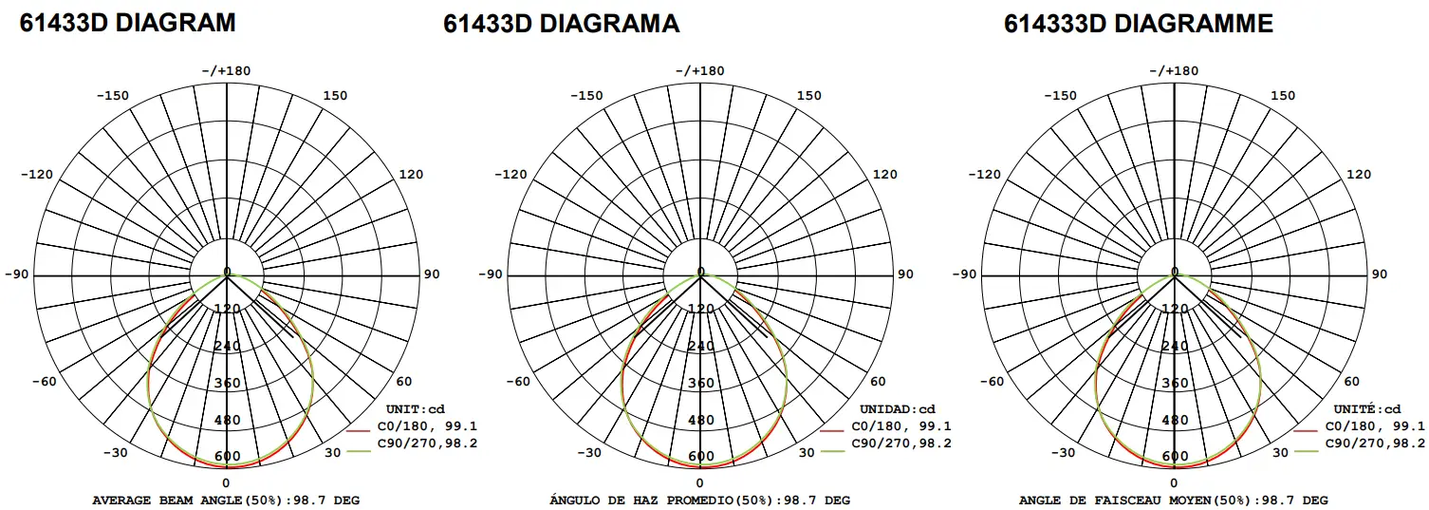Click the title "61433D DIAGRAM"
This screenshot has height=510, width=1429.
pyautogui.click(x=128, y=23)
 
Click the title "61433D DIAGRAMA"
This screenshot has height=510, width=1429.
pyautogui.click(x=562, y=24)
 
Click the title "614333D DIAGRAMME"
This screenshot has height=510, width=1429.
pyautogui.click(x=1139, y=24)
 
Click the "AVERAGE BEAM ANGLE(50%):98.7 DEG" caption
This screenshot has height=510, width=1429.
pyautogui.click(x=226, y=500)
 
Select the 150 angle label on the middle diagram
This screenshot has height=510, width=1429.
pyautogui.click(x=809, y=95)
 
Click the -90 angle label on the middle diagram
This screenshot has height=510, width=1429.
pyautogui.click(x=492, y=274)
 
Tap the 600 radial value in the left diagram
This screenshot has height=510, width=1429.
pyautogui.click(x=227, y=457)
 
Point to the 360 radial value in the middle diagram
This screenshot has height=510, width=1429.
pyautogui.click(x=701, y=383)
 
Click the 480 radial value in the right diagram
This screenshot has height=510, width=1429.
pyautogui.click(x=1175, y=420)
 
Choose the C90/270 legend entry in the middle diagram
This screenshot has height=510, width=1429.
pyautogui.click(x=899, y=444)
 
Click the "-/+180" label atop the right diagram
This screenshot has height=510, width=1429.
pyautogui.click(x=1175, y=70)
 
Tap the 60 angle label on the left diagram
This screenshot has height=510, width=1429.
pyautogui.click(x=404, y=382)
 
